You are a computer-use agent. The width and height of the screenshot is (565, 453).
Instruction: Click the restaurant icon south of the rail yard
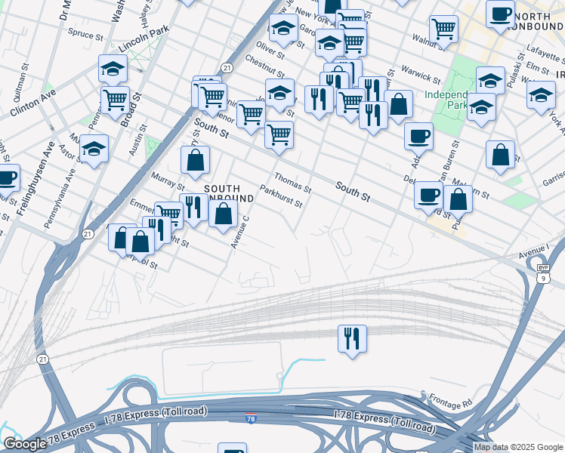click(352, 338)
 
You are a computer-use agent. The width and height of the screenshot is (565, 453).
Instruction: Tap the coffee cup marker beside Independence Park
click(418, 136)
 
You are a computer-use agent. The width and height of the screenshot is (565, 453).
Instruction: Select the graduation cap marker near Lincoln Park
click(113, 69)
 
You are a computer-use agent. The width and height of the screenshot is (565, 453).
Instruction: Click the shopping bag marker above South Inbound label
click(196, 161)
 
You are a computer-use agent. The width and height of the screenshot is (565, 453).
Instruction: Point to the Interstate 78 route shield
click(251, 418)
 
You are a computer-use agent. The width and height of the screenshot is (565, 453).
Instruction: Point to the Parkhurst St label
click(281, 197)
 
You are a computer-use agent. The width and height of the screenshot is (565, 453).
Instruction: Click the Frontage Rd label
click(449, 400)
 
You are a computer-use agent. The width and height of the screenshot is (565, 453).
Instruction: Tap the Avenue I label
click(533, 249)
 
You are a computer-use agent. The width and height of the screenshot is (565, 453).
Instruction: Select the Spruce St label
click(85, 35)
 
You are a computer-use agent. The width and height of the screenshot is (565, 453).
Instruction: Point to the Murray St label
click(167, 180)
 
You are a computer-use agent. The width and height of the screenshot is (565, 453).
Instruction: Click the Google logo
click(25, 444)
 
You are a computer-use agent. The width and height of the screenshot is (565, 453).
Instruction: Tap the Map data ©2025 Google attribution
click(518, 447)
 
